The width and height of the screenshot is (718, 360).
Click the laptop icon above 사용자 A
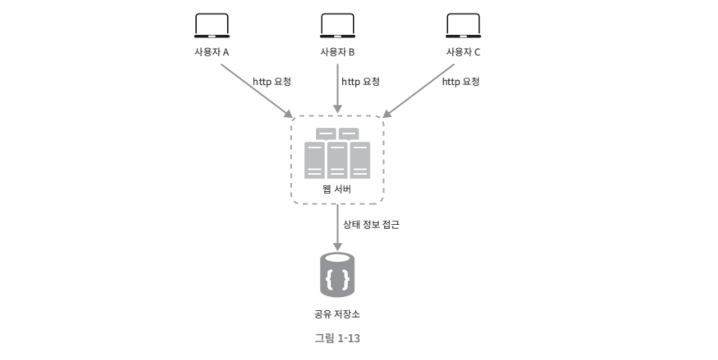coord(212,25)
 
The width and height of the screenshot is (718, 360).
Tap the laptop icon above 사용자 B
coord(337,25)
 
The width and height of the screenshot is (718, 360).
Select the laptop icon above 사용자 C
coord(463,25)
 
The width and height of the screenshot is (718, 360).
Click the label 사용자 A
coord(212,52)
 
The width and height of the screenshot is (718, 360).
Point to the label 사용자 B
coord(337,52)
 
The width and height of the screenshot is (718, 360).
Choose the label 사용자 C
coord(463,52)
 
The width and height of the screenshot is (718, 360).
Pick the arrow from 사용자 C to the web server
coord(419,90)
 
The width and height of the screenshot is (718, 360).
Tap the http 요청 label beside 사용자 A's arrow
coord(272,81)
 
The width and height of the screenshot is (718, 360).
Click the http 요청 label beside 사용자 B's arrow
coord(361,81)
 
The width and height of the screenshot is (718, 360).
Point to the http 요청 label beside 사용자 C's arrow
coord(461,81)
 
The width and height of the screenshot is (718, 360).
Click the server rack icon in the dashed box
coord(337,154)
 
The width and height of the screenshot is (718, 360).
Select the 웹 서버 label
coord(337,189)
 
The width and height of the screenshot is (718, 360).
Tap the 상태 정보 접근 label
coord(371,224)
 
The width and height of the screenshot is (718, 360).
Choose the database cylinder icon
coord(337,275)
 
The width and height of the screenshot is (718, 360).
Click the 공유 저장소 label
coord(337,314)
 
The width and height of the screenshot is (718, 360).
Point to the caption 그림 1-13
coord(337,338)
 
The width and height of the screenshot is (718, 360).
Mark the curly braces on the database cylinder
coord(337,279)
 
